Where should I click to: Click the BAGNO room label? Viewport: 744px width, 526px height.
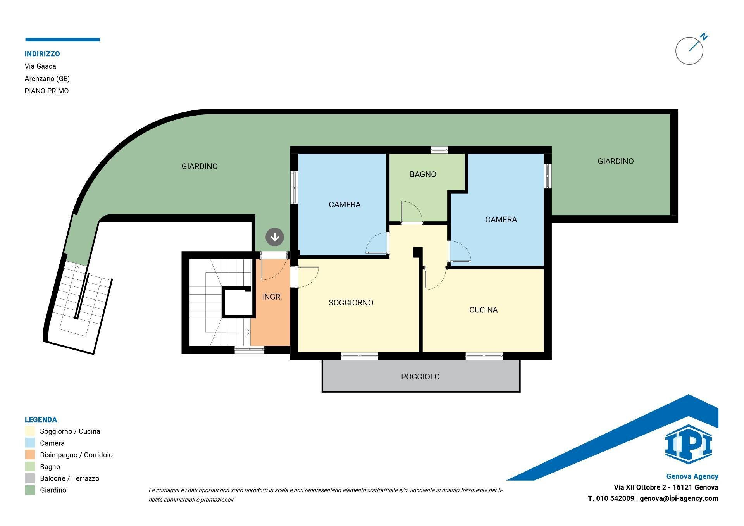tap(423, 174)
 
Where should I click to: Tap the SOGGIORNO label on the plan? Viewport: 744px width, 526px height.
tap(351, 303)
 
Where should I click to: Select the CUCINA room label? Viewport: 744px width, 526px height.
tap(483, 310)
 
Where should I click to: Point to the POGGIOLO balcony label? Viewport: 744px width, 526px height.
tap(420, 377)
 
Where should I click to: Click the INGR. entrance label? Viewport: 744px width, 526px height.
tap(272, 297)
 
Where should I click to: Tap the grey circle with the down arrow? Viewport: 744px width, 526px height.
tap(275, 237)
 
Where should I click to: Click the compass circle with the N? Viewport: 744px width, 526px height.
tap(689, 51)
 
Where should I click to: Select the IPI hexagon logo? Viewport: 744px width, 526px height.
tap(688, 444)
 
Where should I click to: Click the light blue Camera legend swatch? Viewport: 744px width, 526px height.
tap(30, 443)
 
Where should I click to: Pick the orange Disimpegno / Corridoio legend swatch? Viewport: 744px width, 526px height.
tap(30, 455)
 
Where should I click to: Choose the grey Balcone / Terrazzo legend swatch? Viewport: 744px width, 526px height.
tap(30, 478)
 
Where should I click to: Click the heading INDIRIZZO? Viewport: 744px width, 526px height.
tap(42, 54)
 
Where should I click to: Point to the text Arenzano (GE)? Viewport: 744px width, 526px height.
tap(47, 79)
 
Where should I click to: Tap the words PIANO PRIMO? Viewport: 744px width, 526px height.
tap(46, 91)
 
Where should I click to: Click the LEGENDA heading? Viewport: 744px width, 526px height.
tap(41, 420)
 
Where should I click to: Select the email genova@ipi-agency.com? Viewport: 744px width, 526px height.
tap(679, 498)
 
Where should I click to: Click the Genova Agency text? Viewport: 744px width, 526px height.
tap(692, 476)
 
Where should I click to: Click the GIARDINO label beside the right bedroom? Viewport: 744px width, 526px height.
tap(615, 161)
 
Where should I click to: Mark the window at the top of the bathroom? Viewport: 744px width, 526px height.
tap(439, 150)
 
